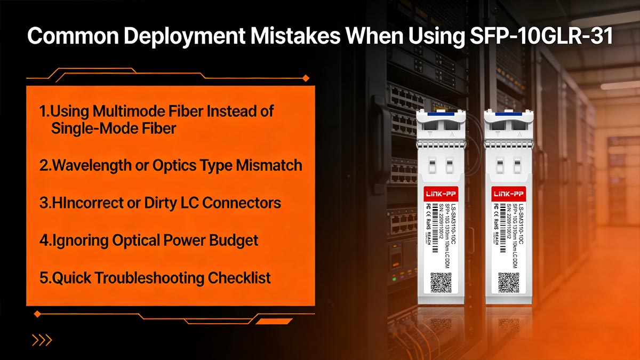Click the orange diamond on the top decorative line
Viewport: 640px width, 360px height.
point(306,78)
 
